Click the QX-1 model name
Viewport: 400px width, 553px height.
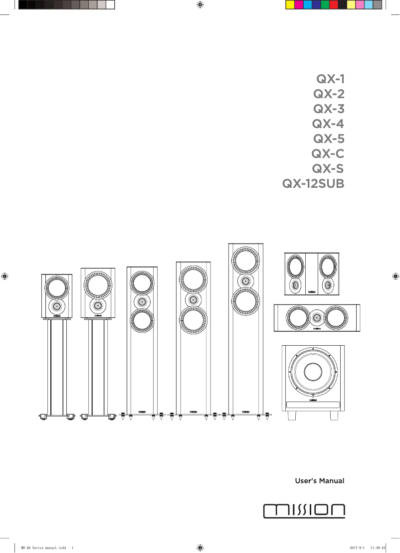(x=330, y=79)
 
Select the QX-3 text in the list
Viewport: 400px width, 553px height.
(x=329, y=109)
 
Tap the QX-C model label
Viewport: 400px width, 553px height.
(x=328, y=154)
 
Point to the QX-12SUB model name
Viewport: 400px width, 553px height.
(x=313, y=184)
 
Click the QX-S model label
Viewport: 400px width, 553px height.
(x=328, y=169)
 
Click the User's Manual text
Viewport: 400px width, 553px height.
(x=320, y=481)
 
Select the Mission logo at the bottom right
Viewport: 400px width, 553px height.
(x=304, y=510)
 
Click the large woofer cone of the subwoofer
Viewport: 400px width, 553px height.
(x=313, y=371)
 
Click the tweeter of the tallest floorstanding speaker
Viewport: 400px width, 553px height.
(x=245, y=280)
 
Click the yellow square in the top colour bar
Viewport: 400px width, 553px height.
(x=290, y=5)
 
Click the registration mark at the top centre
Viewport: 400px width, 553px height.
(x=200, y=5)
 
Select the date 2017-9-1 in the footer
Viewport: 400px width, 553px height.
(x=359, y=547)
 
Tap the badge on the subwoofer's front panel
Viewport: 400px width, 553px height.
(x=313, y=400)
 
